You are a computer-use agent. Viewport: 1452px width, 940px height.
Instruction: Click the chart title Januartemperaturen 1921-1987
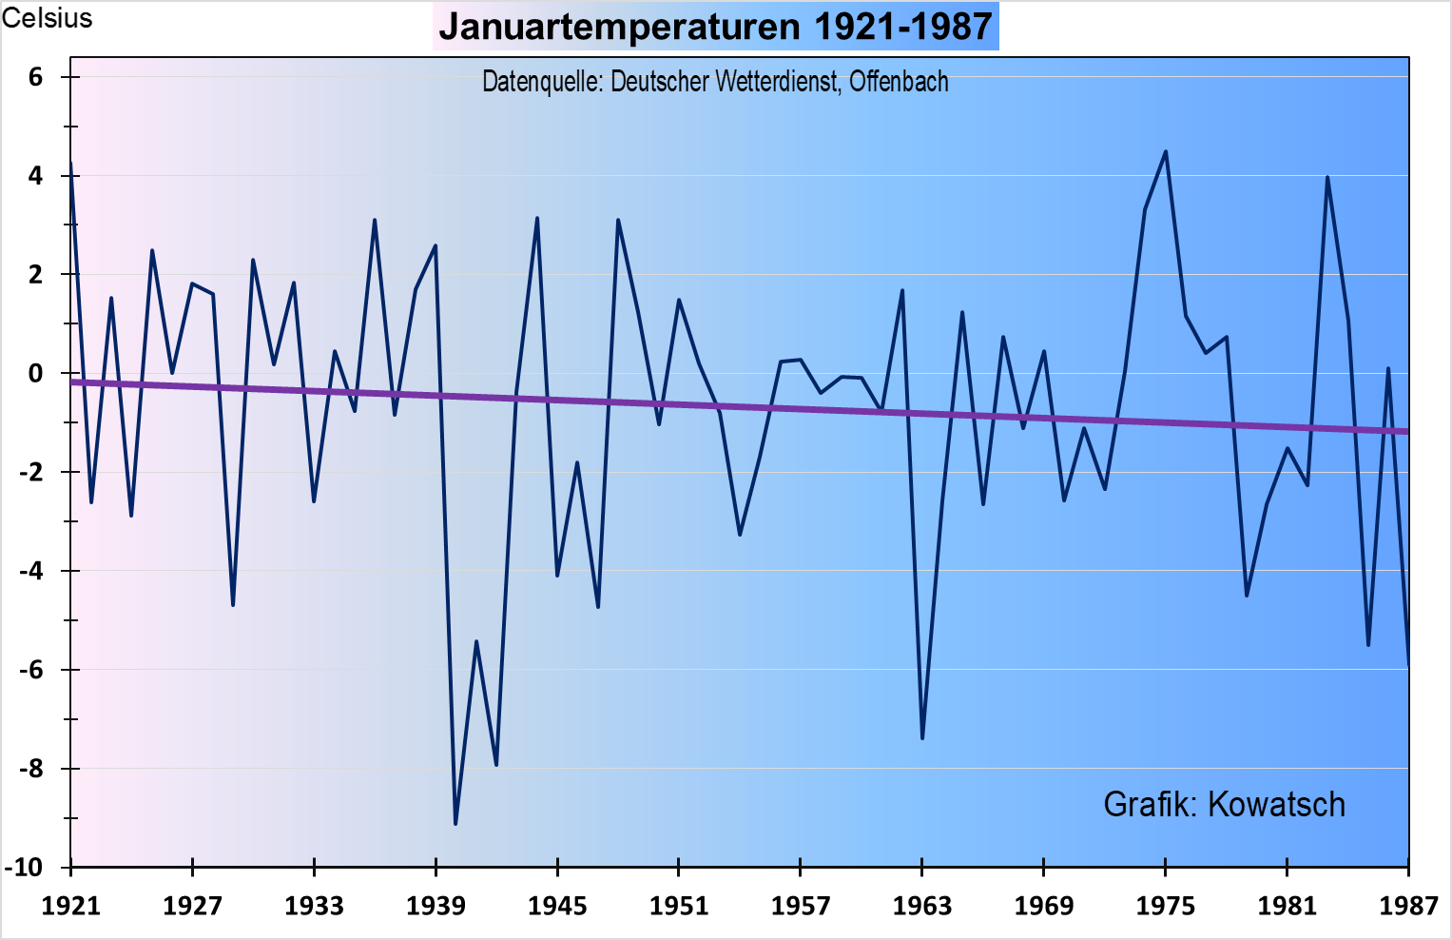(x=715, y=27)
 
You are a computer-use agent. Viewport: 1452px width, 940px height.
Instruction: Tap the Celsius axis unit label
(x=47, y=18)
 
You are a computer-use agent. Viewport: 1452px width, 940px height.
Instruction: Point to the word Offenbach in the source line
(x=899, y=82)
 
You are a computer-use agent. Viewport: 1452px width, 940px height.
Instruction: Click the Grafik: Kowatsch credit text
(x=1224, y=805)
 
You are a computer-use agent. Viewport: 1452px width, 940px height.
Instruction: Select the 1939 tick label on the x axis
(x=436, y=906)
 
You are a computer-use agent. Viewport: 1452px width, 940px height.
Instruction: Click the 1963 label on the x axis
(x=921, y=906)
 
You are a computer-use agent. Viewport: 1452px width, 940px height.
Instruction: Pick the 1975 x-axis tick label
(x=1165, y=906)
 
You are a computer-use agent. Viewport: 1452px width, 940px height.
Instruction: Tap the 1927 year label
(x=192, y=906)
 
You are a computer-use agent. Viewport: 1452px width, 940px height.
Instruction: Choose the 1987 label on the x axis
(x=1408, y=906)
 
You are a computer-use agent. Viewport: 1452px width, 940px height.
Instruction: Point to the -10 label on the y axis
(x=25, y=867)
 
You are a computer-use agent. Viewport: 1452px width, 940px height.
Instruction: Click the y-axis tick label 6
(x=36, y=77)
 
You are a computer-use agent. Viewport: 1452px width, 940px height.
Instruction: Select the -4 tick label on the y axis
(x=30, y=571)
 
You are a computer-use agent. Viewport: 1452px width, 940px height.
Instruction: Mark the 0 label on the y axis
(x=36, y=373)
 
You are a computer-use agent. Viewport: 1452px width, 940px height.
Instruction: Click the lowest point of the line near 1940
(x=455, y=823)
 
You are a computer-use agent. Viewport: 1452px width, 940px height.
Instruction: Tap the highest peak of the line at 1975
(x=1166, y=151)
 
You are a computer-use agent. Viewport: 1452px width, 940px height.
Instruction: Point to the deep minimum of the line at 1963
(x=922, y=737)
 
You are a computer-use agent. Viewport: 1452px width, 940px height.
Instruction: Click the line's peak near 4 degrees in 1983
(x=1327, y=177)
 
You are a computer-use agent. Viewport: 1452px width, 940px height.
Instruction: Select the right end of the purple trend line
(x=1405, y=431)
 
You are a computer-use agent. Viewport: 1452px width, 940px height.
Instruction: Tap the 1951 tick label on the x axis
(x=679, y=906)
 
